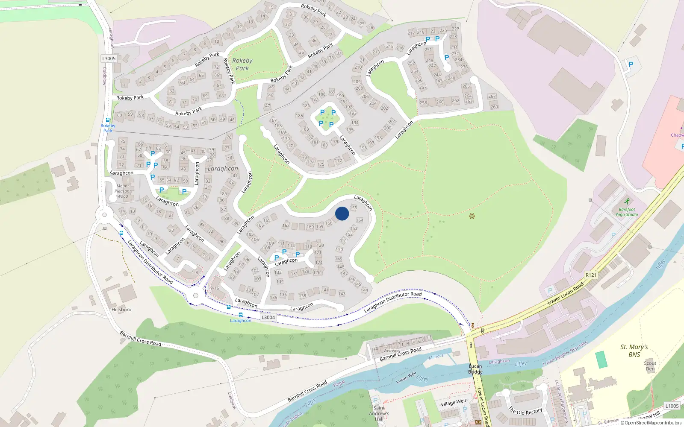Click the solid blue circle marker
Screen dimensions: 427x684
coord(342,213)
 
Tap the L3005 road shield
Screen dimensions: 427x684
coord(109,58)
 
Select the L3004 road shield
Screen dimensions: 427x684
coord(268,317)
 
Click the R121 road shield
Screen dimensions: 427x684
coord(591,275)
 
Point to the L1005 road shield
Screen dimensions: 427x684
coord(672,406)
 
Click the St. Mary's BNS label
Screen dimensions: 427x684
coord(634,351)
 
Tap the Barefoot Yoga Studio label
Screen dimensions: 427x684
coord(627,212)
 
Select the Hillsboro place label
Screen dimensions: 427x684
coord(121,309)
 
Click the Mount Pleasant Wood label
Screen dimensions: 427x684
coord(123,191)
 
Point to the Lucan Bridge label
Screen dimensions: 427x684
coord(475,369)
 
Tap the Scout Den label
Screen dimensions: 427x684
coord(650,366)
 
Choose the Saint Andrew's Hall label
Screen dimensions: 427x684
coord(379,413)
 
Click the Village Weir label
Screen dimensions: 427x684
coord(453,402)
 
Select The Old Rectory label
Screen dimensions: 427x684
coord(525,411)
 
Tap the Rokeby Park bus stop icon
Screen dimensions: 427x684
coord(108,120)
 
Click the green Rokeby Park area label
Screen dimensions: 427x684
coord(242,64)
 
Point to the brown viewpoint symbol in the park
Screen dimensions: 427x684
coord(472,216)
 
